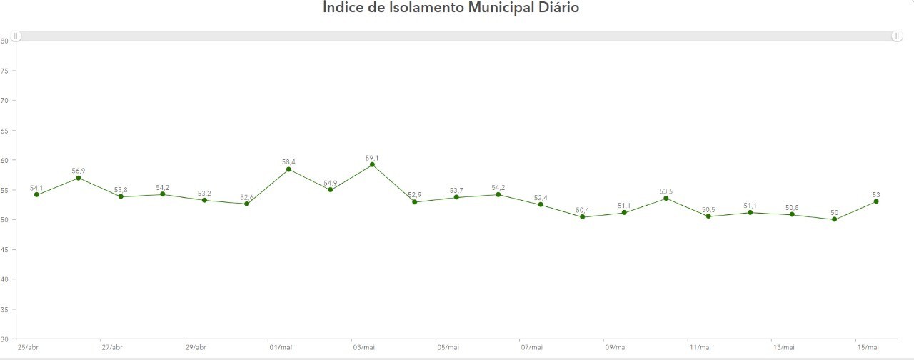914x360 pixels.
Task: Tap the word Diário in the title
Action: [554, 8]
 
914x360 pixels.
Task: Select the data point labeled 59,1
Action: [372, 164]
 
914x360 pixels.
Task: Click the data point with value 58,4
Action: [288, 169]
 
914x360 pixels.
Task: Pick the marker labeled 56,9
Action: [79, 178]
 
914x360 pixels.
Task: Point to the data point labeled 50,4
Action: [582, 217]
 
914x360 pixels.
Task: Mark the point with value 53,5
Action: [666, 198]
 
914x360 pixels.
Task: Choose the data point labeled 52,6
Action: [246, 204]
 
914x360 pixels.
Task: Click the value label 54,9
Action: [331, 183]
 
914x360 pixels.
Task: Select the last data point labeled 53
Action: [875, 201]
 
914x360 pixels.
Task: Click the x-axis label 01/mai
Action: [281, 347]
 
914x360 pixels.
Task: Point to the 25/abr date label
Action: [29, 347]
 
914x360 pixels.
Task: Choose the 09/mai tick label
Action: [616, 347]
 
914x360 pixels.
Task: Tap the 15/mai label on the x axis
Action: [867, 347]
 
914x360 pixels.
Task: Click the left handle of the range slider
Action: [16, 36]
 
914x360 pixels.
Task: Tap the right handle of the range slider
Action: [897, 36]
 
